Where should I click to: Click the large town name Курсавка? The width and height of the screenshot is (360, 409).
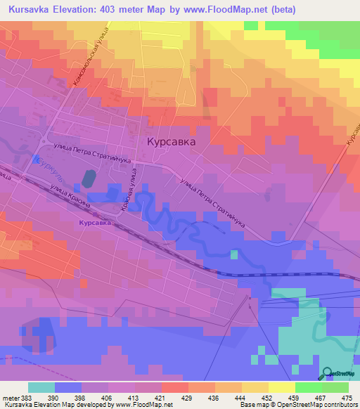[171, 141]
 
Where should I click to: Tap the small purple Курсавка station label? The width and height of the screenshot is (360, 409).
[95, 222]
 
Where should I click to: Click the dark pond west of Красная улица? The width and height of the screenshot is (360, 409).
[89, 178]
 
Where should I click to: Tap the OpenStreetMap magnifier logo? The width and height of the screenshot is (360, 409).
[328, 373]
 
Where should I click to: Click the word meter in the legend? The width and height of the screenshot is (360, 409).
[9, 398]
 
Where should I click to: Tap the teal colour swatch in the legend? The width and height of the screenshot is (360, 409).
[41, 387]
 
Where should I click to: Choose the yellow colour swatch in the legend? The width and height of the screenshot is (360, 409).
[281, 387]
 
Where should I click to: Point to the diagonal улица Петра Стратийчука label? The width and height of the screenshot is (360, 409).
[212, 204]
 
